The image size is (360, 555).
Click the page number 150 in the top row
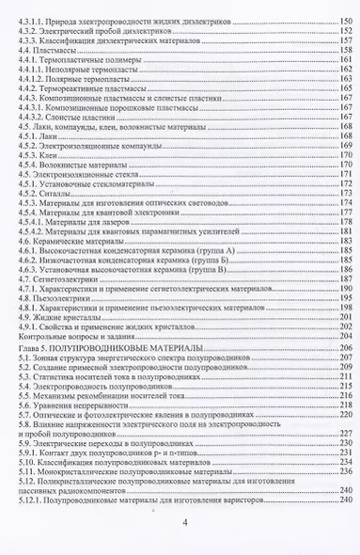click(x=345, y=19)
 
